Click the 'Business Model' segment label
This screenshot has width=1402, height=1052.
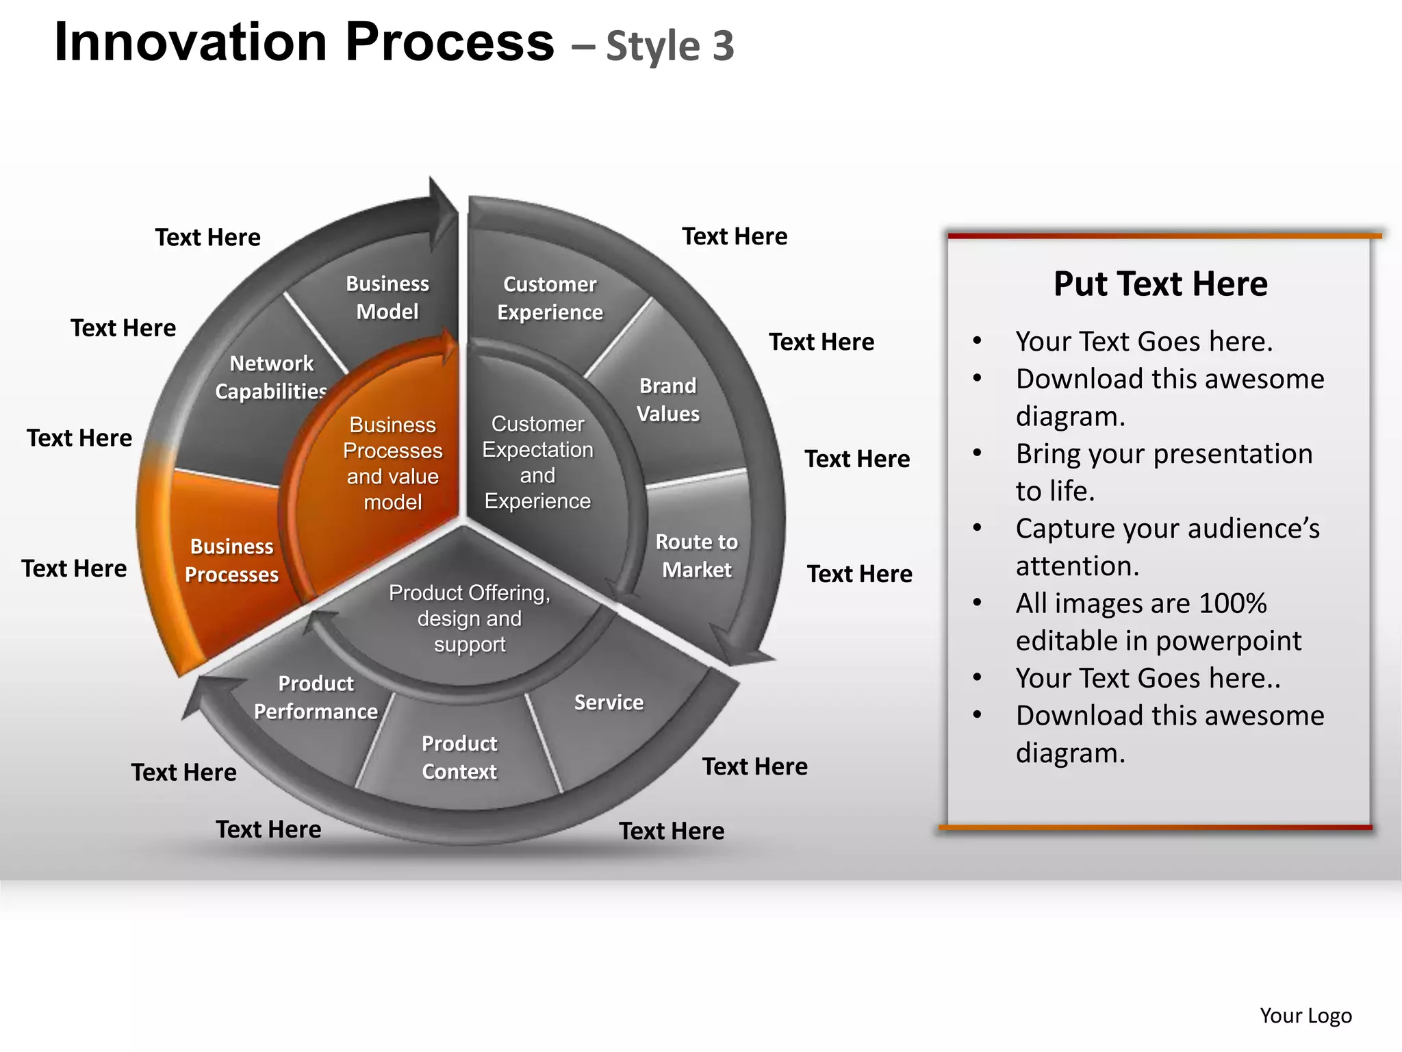click(x=387, y=297)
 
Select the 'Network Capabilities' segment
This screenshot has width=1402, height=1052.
click(x=271, y=377)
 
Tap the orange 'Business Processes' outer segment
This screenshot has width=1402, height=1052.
click(x=231, y=560)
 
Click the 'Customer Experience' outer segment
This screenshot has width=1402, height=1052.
click(x=550, y=298)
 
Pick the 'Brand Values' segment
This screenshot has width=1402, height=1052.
click(x=667, y=400)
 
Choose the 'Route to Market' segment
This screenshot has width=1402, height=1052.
click(x=696, y=555)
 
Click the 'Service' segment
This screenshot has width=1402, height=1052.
click(x=609, y=702)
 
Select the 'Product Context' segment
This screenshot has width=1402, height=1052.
click(x=459, y=757)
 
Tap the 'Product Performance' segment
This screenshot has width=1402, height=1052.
click(x=316, y=697)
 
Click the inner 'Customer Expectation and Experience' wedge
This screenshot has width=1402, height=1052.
click(x=537, y=462)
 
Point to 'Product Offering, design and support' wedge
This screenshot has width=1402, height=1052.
click(x=469, y=618)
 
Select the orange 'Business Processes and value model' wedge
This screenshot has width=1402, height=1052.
click(x=392, y=463)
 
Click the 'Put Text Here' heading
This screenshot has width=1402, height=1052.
click(x=1160, y=284)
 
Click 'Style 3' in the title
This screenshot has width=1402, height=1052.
click(x=670, y=47)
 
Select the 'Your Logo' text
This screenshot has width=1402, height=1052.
click(x=1305, y=1015)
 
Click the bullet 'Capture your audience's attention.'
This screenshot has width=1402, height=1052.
click(x=1167, y=547)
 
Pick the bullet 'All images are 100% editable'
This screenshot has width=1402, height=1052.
click(x=1158, y=621)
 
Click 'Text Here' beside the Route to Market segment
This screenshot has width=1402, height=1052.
click(x=859, y=573)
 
